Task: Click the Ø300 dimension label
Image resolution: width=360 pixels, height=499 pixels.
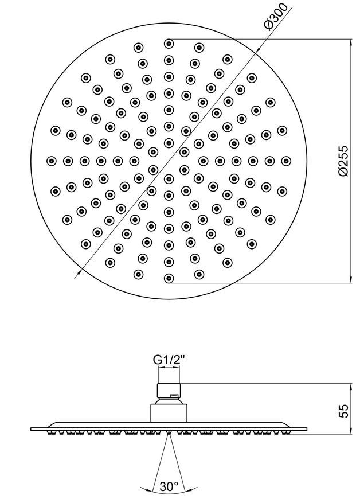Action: point(275,16)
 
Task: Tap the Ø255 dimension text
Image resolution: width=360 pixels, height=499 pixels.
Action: point(343,161)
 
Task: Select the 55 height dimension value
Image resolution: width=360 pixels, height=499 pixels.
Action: point(343,411)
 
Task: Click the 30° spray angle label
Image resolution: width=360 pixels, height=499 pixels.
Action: point(169,486)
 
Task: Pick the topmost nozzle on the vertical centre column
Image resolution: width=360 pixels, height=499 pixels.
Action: point(169,43)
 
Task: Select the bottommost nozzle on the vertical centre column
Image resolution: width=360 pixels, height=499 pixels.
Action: point(169,278)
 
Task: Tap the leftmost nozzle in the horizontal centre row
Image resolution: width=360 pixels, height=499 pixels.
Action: point(51,161)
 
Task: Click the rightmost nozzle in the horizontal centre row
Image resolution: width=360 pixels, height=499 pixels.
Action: point(286,161)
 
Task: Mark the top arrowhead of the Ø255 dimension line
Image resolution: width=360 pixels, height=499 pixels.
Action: point(351,43)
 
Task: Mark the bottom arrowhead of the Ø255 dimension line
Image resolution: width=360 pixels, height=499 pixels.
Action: point(351,279)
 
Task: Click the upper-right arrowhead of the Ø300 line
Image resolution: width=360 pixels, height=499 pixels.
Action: point(258,48)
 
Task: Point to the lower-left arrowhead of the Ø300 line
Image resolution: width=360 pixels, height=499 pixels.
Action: point(80,272)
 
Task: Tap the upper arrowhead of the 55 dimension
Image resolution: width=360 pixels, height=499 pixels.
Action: point(351,388)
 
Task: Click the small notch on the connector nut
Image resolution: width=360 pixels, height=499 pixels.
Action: point(173,396)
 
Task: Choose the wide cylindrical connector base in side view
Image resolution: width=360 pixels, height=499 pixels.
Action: point(169,414)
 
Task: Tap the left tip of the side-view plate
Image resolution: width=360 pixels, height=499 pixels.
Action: point(31,429)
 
